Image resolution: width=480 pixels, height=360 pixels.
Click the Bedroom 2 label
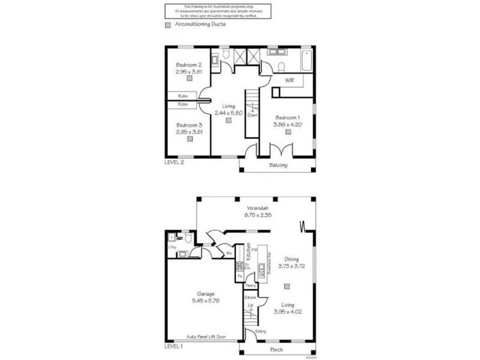tap(188, 65)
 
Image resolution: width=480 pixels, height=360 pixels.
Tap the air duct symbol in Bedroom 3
tap(190, 139)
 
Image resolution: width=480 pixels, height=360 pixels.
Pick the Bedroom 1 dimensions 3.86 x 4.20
tap(287, 124)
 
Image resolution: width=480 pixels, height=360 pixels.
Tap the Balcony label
tap(278, 165)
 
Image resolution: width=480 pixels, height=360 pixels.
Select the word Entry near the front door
tap(260, 331)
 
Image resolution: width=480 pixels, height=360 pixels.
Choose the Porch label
tap(277, 350)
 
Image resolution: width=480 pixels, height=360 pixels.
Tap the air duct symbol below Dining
tap(287, 286)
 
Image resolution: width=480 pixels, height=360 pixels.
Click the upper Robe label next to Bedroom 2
tap(182, 95)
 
